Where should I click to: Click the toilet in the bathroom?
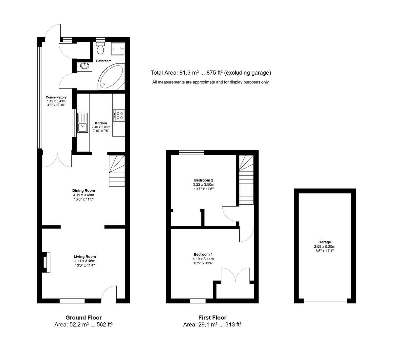click(x=101, y=49)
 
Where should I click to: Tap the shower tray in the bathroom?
click(x=118, y=49)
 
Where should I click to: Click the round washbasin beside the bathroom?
click(x=84, y=66)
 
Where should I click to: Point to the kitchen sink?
click(x=83, y=123)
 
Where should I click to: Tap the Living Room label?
click(x=84, y=257)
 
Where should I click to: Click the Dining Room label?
click(x=84, y=191)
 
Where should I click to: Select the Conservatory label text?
click(x=56, y=97)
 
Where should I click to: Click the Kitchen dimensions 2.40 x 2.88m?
click(x=101, y=127)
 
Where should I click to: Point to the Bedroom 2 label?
click(x=203, y=180)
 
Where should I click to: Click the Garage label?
click(x=324, y=242)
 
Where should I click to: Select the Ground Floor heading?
click(x=84, y=317)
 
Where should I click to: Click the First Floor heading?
click(x=212, y=317)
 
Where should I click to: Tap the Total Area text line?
click(x=211, y=73)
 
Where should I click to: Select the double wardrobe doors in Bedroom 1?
click(x=235, y=275)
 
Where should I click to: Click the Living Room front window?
click(x=72, y=301)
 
